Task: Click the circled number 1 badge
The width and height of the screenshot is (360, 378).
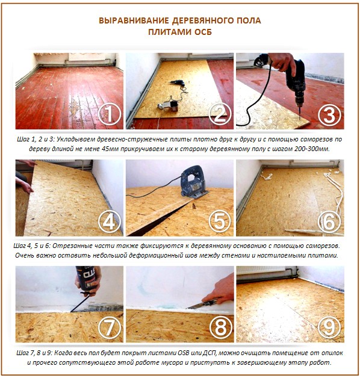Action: click(x=109, y=114)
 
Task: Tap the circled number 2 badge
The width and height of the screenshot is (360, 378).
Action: click(x=218, y=114)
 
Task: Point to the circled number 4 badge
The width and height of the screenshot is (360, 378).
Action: click(x=109, y=222)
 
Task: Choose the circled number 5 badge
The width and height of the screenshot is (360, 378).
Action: click(x=218, y=222)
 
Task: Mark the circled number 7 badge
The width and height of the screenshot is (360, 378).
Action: click(x=109, y=329)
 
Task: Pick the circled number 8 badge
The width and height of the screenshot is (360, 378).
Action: click(x=218, y=329)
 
